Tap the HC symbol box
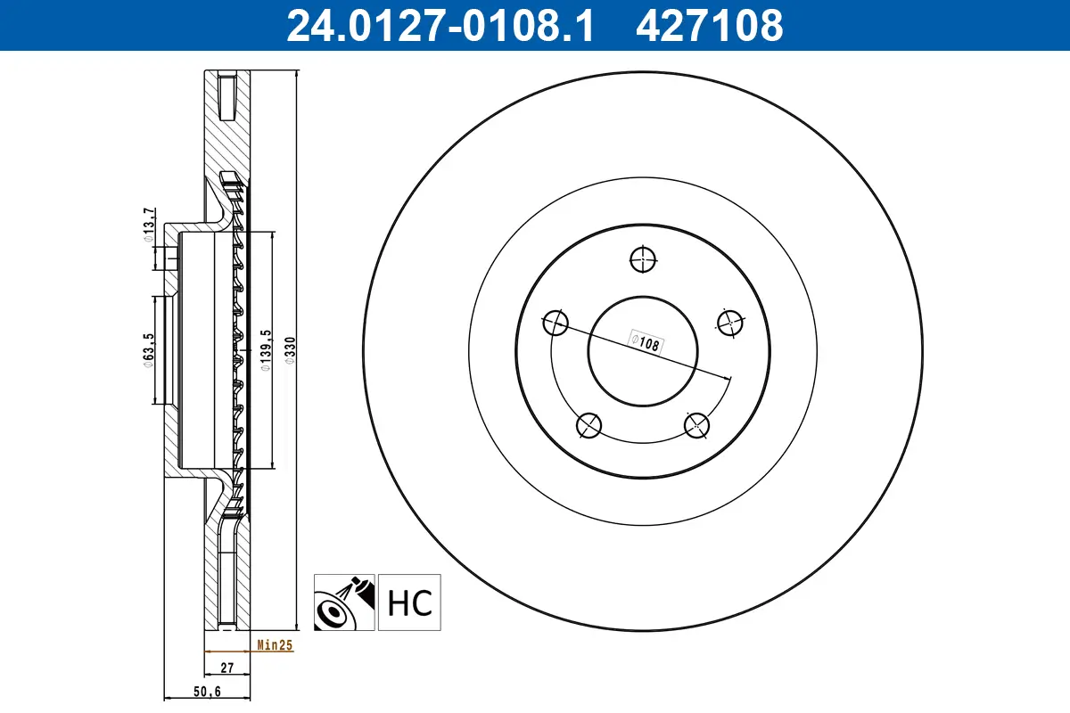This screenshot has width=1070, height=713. click(409, 602)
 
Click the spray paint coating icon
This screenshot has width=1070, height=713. click(345, 602)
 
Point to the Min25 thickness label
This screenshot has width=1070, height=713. click(275, 645)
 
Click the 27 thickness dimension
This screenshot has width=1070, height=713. click(226, 666)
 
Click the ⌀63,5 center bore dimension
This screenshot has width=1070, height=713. click(149, 350)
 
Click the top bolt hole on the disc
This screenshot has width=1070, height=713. click(642, 259)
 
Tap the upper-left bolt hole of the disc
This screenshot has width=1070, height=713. click(556, 323)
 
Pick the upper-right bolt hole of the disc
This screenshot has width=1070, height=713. click(729, 323)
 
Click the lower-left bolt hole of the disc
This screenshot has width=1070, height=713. click(588, 425)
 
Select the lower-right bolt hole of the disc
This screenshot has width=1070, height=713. click(696, 425)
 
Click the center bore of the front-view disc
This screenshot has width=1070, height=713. click(642, 350)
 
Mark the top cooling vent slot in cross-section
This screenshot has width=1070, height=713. click(225, 97)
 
